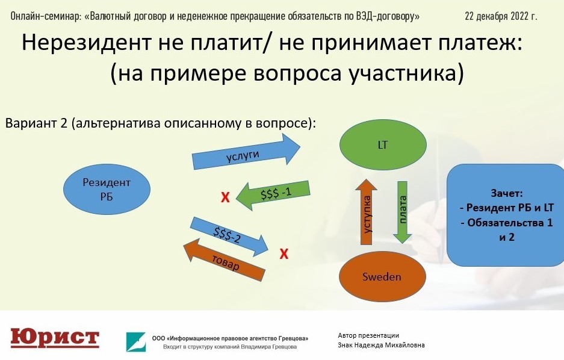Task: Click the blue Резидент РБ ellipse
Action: [x=107, y=189]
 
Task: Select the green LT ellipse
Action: [x=383, y=144]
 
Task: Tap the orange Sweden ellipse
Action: [x=382, y=276]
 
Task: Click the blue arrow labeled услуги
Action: [x=246, y=152]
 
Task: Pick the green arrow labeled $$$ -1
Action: [x=273, y=195]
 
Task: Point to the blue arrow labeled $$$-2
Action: [x=229, y=237]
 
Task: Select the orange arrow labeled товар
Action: [x=224, y=259]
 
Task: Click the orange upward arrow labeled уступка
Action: [x=366, y=211]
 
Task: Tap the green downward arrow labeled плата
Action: [x=402, y=212]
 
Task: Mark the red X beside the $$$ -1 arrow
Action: [x=225, y=197]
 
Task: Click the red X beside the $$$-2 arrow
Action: [x=284, y=254]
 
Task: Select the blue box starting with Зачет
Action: [x=506, y=215]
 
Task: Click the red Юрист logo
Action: [x=55, y=338]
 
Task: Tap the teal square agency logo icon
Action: [x=136, y=342]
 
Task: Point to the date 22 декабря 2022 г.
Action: [x=501, y=16]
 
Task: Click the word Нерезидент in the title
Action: [x=86, y=42]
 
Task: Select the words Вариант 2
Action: [x=36, y=123]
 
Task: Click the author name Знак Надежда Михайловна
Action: [x=381, y=345]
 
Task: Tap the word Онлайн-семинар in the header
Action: [x=46, y=16]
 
